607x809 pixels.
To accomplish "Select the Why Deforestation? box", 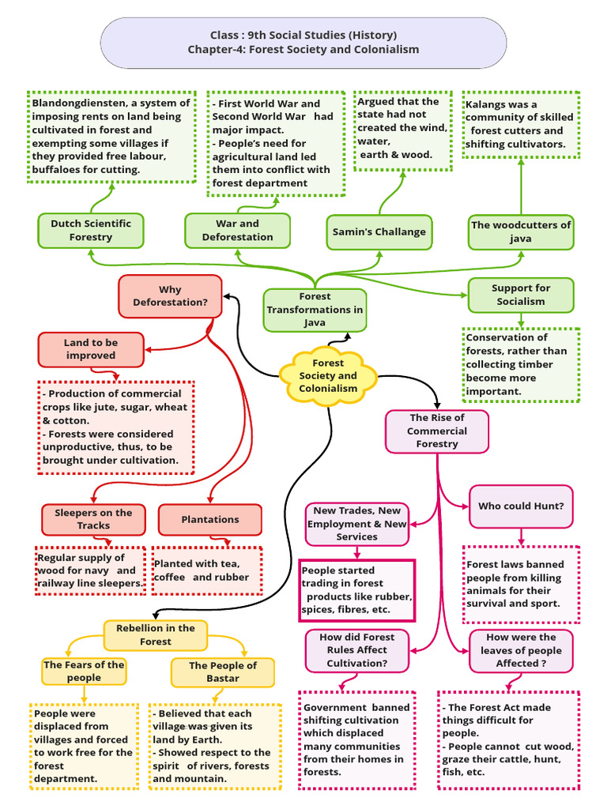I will pos(170,296).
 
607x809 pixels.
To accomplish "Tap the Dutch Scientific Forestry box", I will pos(91,230).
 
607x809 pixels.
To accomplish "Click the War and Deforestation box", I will pos(237,230).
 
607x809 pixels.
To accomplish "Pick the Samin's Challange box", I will pos(379,231).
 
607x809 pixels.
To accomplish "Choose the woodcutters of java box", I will pos(521,231).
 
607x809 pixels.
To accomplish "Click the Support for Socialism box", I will pos(521,295).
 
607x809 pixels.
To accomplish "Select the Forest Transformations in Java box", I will pos(315,310).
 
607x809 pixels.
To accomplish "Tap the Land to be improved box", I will pos(91,349).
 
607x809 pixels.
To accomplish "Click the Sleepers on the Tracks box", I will pos(93,519).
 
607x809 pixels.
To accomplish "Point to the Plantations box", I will pos(209,519).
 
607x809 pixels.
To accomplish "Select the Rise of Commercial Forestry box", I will pos(436,431).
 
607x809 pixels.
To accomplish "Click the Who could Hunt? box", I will pos(521,506).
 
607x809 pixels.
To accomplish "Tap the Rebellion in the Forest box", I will pos(156,634).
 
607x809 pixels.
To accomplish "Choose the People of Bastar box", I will pos(223,672).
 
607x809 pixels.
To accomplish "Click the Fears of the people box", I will pos(84,671).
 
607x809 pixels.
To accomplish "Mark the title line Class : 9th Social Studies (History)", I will pos(303,36).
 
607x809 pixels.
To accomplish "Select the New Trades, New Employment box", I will pos(357,524).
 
